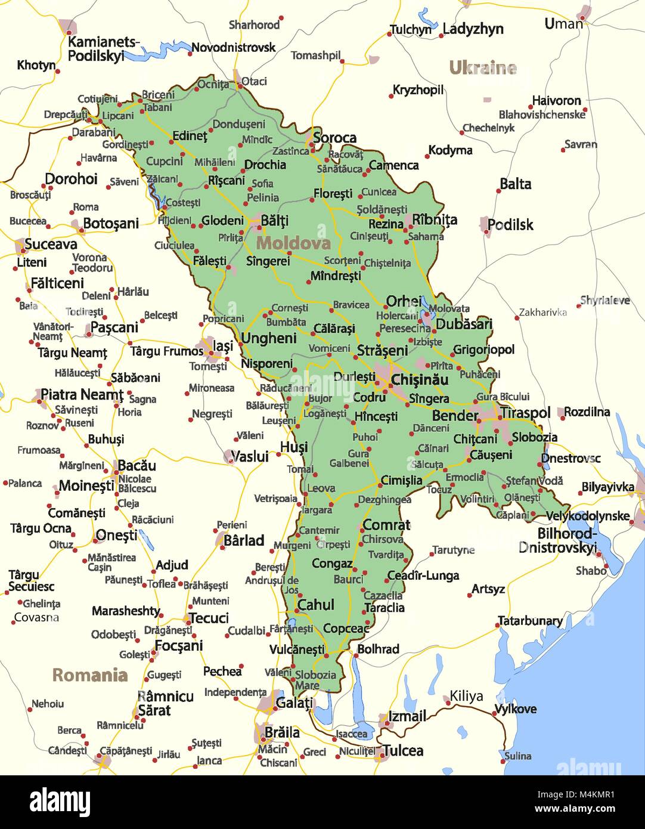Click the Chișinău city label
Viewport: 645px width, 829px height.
coord(419,380)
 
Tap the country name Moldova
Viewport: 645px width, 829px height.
coord(293,243)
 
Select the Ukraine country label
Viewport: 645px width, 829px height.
coord(482,68)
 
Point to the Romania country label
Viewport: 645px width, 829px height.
coord(90,675)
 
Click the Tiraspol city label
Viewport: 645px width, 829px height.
coord(525,413)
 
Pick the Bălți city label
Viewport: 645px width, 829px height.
coord(275,221)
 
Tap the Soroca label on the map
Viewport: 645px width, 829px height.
coord(334,138)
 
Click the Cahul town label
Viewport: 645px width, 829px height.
coord(315,605)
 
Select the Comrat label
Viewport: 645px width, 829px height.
coord(386,525)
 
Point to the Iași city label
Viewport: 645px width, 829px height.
coord(223,345)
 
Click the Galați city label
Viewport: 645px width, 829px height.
coord(294,703)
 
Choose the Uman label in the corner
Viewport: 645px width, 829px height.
coord(563,24)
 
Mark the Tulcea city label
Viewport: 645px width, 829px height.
coord(403,751)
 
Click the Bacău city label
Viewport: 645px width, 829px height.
coord(137,465)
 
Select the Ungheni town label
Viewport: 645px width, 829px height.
coord(268,338)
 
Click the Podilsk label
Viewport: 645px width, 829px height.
coord(510,225)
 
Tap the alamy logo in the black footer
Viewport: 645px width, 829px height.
coord(60,802)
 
